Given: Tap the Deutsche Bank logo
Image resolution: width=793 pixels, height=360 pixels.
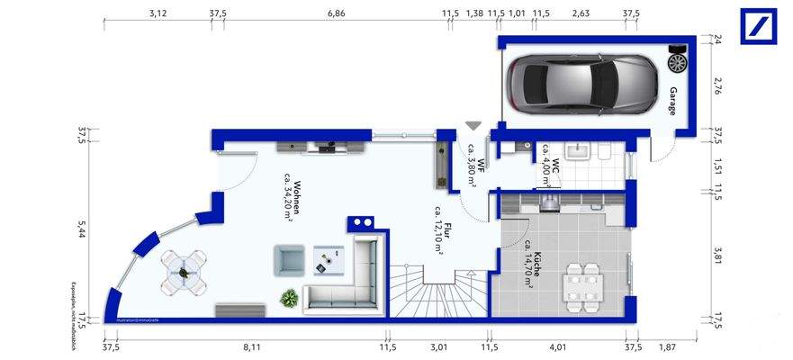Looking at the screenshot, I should tap(758, 25).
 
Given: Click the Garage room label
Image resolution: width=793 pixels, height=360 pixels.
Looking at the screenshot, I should tap(672, 101).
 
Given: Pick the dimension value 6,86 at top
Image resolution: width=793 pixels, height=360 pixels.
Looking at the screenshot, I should tap(336, 13).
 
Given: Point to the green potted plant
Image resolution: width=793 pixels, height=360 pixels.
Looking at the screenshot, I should tap(289, 296).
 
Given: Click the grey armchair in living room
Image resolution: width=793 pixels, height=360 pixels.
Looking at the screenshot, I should tap(289, 261).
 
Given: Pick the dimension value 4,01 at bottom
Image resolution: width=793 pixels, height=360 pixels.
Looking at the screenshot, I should tap(558, 346).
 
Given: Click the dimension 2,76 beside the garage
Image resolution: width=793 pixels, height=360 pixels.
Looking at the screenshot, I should tap(716, 86).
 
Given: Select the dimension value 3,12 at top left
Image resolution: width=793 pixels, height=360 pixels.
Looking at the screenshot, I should tap(158, 13).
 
